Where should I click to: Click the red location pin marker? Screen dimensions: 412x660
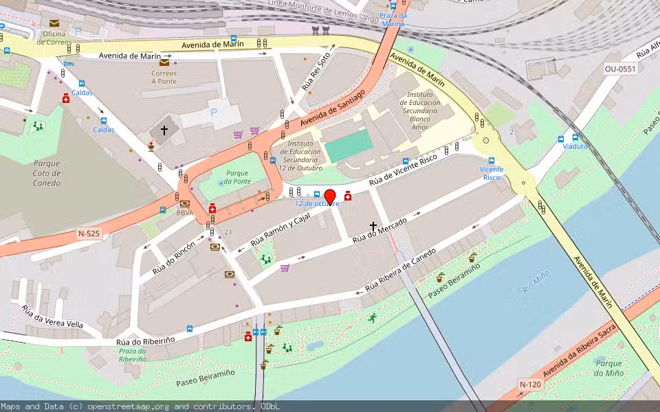pos(330,196)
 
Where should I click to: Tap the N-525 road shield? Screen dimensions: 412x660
pos(89,234)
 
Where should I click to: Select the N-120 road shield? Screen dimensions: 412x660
pos(531,384)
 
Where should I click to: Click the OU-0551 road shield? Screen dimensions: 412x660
pos(621,69)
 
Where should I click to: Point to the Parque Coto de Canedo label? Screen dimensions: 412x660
pos(47,173)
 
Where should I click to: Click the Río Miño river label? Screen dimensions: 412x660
pos(536,281)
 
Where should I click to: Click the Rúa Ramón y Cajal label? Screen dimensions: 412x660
pos(280,229)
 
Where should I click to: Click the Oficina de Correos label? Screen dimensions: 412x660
pos(53,37)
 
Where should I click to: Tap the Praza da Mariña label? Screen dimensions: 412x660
pos(393,19)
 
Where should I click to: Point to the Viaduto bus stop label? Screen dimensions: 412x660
pos(575,146)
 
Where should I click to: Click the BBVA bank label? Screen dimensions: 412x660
pos(184,213)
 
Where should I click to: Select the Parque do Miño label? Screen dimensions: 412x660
pos(609,368)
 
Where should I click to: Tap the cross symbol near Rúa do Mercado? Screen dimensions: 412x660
pos(374,225)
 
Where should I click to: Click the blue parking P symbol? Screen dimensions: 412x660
pos(214,112)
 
